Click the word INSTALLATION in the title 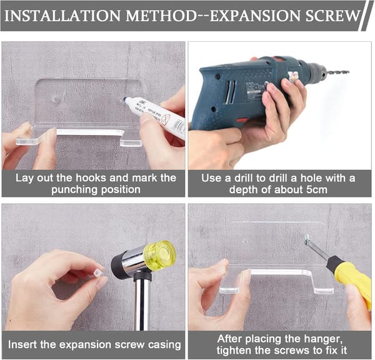coord(62,16)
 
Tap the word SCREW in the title coord(333,16)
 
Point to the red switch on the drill coord(242,119)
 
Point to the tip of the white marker coord(124,99)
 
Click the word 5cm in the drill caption coord(317,190)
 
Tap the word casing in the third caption coord(164,345)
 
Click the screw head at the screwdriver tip coord(307,237)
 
